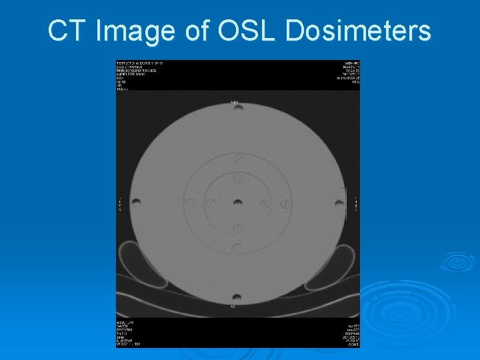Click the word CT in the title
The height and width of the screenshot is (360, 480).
[x=65, y=31]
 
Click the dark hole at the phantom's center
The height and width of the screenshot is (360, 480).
[x=238, y=201]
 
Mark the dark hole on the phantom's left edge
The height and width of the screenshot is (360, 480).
[x=136, y=201]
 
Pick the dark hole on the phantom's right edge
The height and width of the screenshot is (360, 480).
[x=340, y=201]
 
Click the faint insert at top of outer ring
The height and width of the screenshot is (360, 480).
[x=238, y=158]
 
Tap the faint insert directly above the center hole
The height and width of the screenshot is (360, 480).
[x=238, y=179]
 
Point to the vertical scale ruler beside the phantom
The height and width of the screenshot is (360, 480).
[x=346, y=201]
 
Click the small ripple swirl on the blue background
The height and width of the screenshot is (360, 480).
[x=457, y=261]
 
